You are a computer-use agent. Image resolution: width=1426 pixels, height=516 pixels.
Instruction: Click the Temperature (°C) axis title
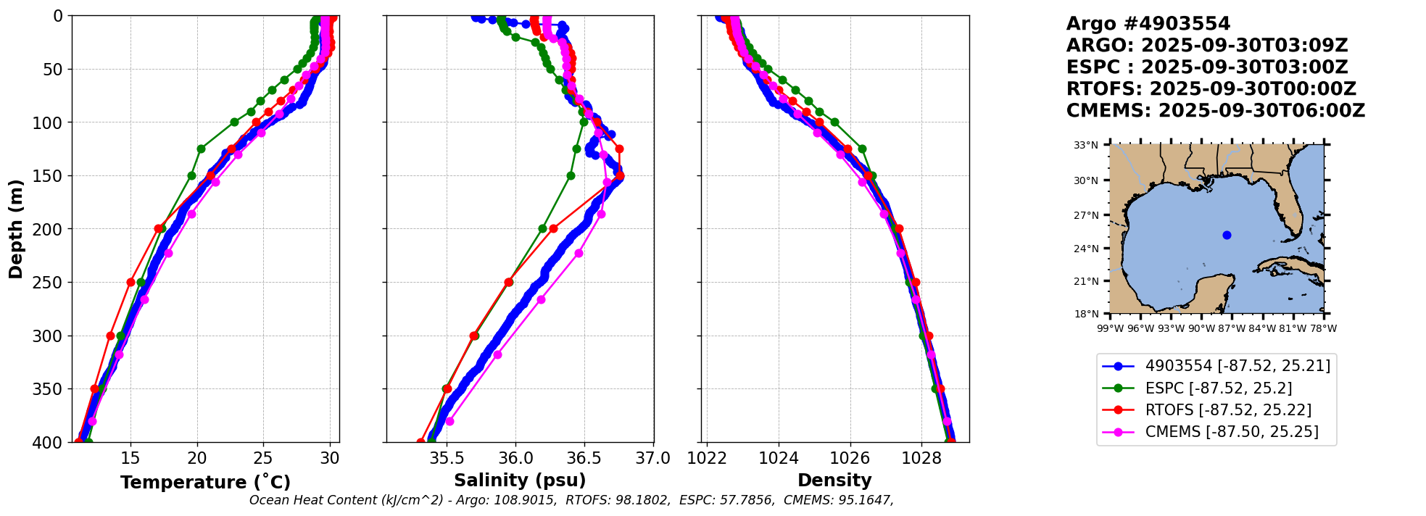(205, 483)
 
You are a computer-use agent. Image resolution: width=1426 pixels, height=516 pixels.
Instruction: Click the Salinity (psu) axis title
(520, 480)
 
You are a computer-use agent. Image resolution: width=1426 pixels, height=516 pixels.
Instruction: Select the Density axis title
(834, 480)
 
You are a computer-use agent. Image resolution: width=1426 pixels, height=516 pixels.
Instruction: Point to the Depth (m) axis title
(16, 228)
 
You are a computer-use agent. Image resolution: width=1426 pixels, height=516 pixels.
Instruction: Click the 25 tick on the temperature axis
(263, 458)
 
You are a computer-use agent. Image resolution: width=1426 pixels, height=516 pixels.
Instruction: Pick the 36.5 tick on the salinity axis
(584, 458)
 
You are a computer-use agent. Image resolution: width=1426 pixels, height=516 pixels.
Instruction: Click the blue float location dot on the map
(1227, 235)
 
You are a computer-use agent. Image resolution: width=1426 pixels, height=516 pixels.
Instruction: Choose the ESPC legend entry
(1218, 388)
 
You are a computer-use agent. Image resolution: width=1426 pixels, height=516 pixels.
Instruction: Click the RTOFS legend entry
(1228, 410)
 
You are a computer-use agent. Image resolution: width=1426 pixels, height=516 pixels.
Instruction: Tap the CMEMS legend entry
(1231, 432)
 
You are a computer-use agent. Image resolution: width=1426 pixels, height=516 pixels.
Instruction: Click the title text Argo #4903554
(1148, 24)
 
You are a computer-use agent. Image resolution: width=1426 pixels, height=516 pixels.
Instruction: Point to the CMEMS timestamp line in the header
(1215, 111)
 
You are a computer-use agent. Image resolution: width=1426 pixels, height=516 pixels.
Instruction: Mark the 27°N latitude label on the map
(1086, 215)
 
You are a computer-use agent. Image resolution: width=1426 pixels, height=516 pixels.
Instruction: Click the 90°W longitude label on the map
(1201, 328)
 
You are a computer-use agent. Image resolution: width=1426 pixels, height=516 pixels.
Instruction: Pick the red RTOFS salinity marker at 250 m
(509, 282)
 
